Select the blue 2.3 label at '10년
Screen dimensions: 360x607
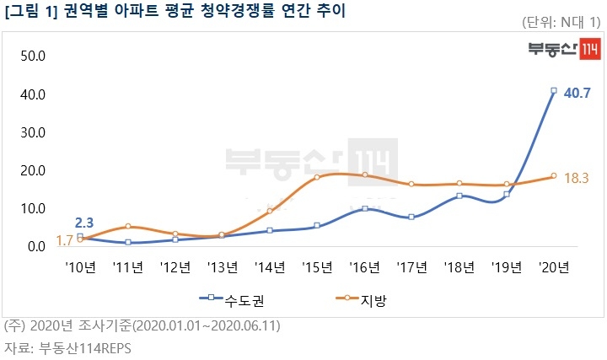[x=84, y=223]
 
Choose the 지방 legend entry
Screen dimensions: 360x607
[x=357, y=298]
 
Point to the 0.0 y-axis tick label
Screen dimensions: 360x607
[x=35, y=246]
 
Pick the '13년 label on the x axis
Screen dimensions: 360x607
[x=222, y=268]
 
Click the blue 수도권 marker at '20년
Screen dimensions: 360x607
[x=554, y=91]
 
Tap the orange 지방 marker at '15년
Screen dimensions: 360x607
[x=317, y=177]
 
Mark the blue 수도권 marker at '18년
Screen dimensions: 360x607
[x=459, y=196]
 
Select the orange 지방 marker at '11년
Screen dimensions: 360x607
[x=127, y=226]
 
